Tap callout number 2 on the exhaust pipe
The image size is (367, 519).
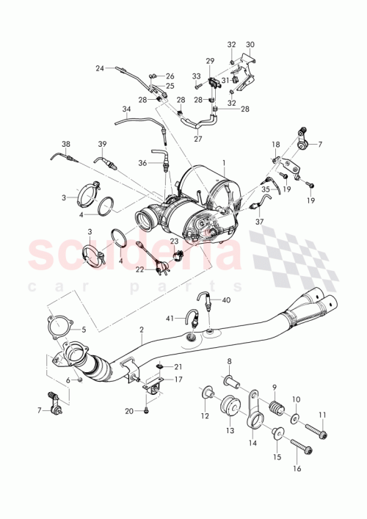[x=142, y=331]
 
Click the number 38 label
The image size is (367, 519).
[x=65, y=144]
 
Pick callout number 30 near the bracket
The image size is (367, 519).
[x=250, y=45]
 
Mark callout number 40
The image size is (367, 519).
[x=226, y=300]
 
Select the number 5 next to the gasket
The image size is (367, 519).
[x=83, y=329]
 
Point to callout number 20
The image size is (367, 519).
[x=129, y=411]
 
